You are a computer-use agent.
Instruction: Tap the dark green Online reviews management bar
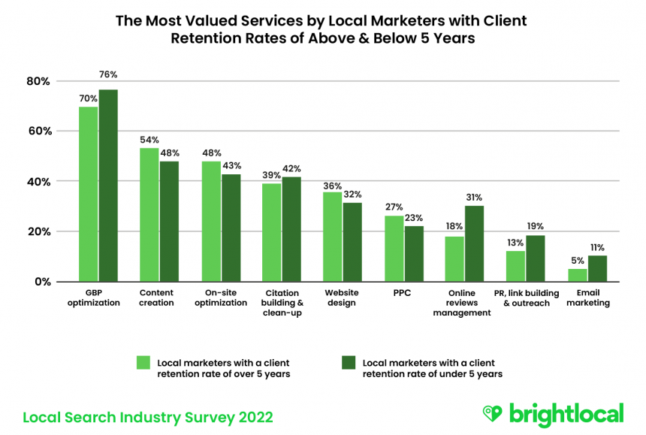point(474,243)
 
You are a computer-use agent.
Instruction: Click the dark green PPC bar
point(413,253)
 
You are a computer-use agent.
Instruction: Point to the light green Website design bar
point(333,237)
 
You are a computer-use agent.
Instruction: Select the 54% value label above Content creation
point(149,140)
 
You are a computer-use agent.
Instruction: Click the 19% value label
point(536,226)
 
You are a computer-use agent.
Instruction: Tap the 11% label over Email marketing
point(596,247)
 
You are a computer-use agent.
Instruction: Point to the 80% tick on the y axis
point(39,81)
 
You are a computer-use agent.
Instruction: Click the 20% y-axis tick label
point(39,231)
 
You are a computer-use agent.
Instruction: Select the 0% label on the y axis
point(42,282)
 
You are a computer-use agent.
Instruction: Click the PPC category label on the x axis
point(403,293)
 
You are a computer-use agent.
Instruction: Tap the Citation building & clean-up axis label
point(282,303)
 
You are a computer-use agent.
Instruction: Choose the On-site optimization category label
point(221,298)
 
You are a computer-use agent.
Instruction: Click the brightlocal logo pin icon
point(492,414)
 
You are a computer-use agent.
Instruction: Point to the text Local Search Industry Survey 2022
point(148,416)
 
